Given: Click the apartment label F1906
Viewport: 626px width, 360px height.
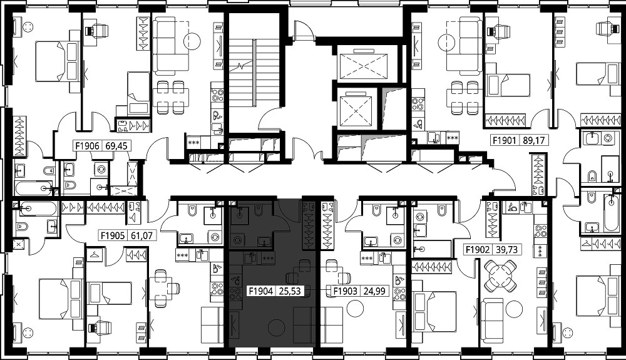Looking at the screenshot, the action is pyautogui.click(x=87, y=146).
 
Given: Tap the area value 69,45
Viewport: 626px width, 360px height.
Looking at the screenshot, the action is pyautogui.click(x=116, y=146).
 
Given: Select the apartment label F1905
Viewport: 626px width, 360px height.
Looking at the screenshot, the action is pyautogui.click(x=113, y=236).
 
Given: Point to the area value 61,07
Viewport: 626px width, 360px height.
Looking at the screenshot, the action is pyautogui.click(x=141, y=236).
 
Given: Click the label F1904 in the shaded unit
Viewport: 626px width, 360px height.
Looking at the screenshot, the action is pyautogui.click(x=260, y=291).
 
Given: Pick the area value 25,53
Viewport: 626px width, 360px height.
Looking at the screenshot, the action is pyautogui.click(x=289, y=291).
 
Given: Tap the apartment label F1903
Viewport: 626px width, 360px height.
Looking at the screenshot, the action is pyautogui.click(x=346, y=291).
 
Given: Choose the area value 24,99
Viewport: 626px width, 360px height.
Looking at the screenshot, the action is pyautogui.click(x=374, y=291).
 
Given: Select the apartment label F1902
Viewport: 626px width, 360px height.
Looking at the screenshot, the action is pyautogui.click(x=478, y=250).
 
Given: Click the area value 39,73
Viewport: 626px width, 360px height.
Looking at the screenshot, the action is pyautogui.click(x=506, y=250).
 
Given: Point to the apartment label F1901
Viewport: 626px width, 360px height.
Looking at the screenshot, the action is pyautogui.click(x=505, y=140).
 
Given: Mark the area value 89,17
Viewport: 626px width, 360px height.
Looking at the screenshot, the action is pyautogui.click(x=534, y=140).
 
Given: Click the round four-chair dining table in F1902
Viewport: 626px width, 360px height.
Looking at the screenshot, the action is pyautogui.click(x=500, y=275).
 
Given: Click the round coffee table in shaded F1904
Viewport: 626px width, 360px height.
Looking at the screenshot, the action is pyautogui.click(x=276, y=328).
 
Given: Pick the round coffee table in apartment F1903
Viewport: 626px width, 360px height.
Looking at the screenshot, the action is pyautogui.click(x=356, y=309).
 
